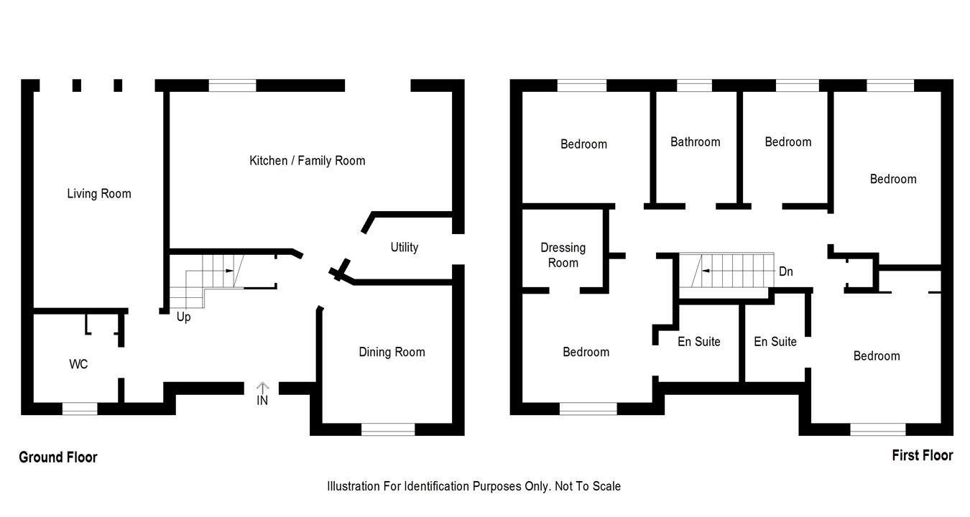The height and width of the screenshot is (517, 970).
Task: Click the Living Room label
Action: (x=99, y=194)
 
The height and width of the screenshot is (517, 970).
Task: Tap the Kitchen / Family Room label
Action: (x=307, y=161)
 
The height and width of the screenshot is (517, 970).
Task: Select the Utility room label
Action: (x=404, y=247)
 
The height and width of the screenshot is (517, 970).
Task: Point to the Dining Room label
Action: (x=392, y=352)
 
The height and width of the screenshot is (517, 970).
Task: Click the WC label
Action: (x=78, y=365)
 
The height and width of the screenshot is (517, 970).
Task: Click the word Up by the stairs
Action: (x=184, y=317)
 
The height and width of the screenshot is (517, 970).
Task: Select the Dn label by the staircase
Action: (x=786, y=272)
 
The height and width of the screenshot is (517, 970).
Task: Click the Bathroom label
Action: (x=695, y=142)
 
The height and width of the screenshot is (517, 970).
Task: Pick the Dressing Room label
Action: (x=563, y=255)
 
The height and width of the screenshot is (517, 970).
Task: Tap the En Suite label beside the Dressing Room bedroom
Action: (x=698, y=342)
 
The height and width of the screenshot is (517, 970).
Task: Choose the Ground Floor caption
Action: (x=58, y=457)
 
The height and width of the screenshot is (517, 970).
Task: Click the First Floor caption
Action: (x=922, y=455)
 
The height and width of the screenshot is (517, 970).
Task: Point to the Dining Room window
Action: (x=388, y=429)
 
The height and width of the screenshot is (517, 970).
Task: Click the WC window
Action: (x=80, y=409)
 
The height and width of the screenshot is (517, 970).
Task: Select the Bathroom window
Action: (x=694, y=86)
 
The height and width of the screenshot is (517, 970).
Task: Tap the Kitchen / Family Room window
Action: (x=232, y=86)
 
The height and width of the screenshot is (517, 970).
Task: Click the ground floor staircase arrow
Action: (x=229, y=271)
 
